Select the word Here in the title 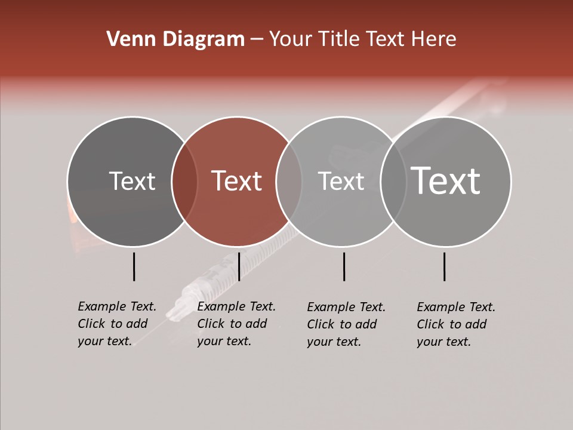(x=435, y=39)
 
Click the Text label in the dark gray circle (x=132, y=181)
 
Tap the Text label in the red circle (x=237, y=181)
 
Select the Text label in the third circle (x=341, y=181)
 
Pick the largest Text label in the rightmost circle (x=446, y=181)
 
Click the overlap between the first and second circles (x=184, y=182)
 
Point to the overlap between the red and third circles (x=289, y=182)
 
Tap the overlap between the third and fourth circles (x=393, y=182)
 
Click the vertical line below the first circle (x=134, y=266)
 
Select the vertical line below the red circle (x=239, y=266)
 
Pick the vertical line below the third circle (x=344, y=266)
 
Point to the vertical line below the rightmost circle (x=445, y=266)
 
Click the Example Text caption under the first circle (x=117, y=324)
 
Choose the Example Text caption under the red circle (x=236, y=324)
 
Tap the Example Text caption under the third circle (x=346, y=324)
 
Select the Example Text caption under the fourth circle (x=456, y=324)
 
